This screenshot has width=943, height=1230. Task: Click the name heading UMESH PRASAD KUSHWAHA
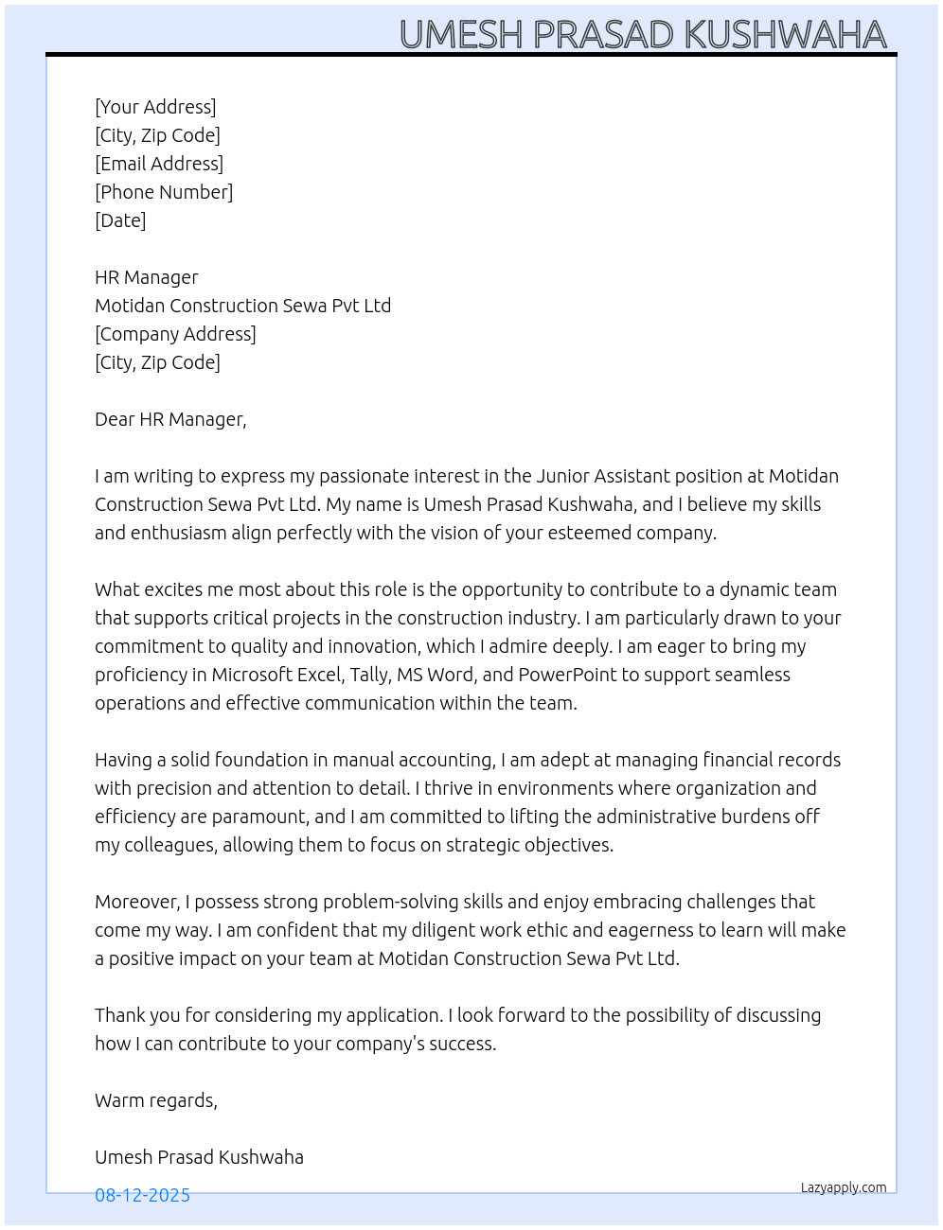[643, 35]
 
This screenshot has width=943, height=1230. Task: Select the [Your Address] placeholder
[155, 107]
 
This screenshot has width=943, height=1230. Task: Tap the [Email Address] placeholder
[159, 164]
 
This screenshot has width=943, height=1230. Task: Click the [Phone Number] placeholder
[164, 192]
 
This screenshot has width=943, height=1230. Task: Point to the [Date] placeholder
[120, 220]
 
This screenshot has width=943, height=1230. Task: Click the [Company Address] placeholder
[175, 334]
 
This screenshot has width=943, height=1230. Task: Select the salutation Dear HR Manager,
[170, 419]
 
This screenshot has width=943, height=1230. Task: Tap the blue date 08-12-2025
[142, 1195]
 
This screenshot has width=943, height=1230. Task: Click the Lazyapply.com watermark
[844, 1187]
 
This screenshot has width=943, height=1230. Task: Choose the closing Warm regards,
[156, 1100]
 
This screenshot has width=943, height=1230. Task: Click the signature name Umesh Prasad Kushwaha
[199, 1157]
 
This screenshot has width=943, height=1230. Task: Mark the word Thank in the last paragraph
[119, 1015]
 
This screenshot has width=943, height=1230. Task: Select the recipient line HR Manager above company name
[147, 277]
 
